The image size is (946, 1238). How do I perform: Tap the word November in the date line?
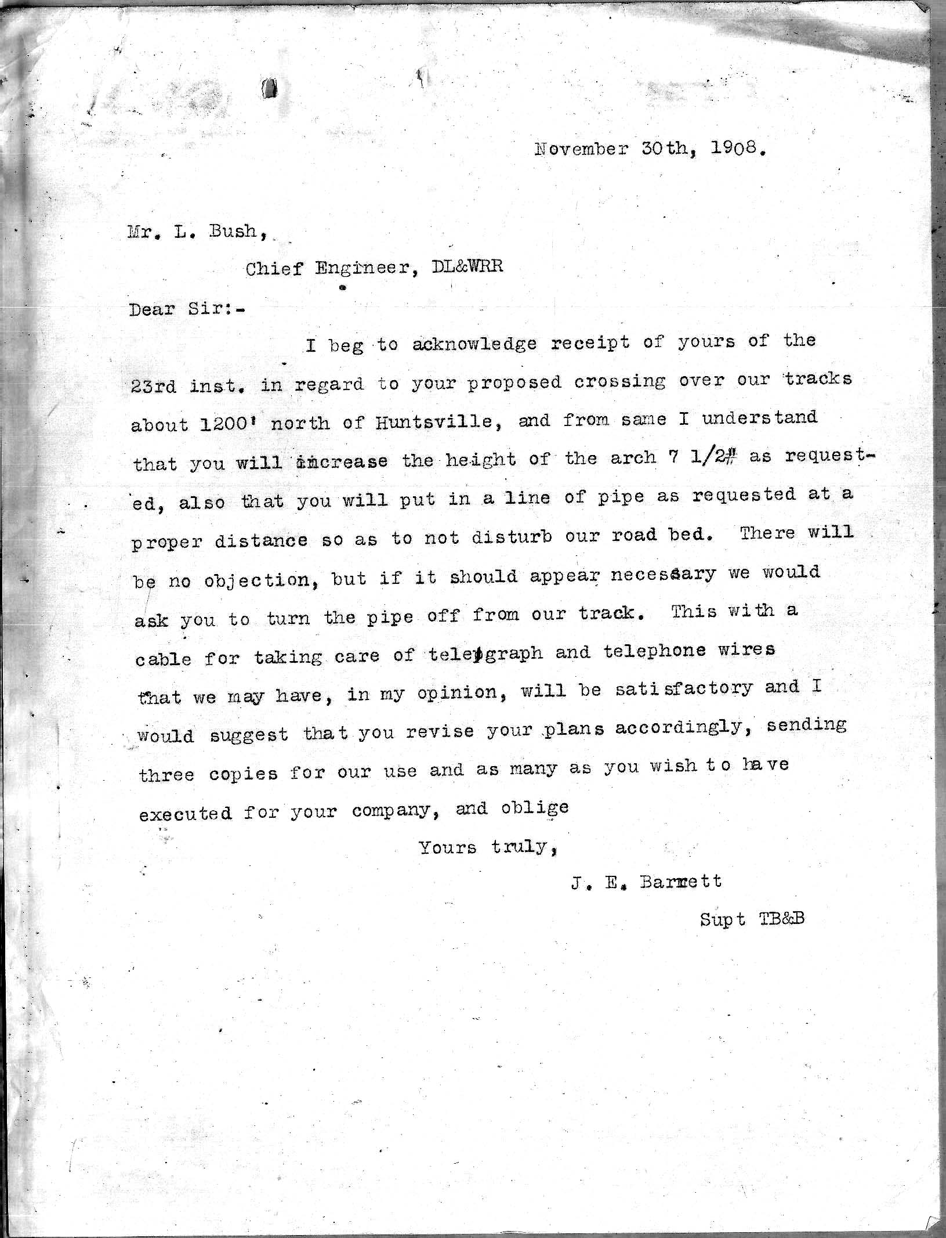581,149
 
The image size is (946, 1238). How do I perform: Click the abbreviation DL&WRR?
467,266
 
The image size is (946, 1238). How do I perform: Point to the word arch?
632,459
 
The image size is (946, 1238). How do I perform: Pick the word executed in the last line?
185,813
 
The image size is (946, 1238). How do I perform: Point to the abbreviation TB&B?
781,919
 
